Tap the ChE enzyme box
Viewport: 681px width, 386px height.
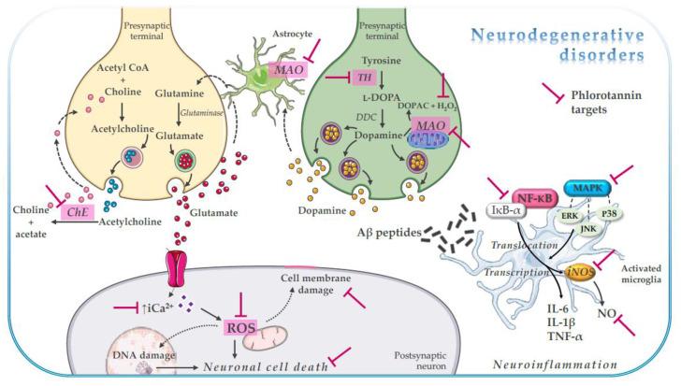click(x=76, y=213)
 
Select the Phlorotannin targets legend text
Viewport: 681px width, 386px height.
click(x=614, y=102)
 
